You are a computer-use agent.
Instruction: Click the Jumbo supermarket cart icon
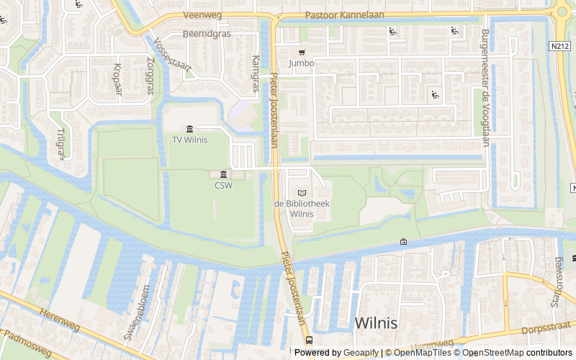click(302, 52)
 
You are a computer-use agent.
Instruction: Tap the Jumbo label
click(302, 63)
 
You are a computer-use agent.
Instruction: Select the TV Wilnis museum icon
click(189, 129)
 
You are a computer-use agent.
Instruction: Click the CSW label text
click(223, 185)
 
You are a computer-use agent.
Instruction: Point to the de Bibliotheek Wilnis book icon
click(302, 193)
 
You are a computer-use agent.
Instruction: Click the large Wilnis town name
click(376, 323)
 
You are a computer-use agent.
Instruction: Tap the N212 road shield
click(559, 46)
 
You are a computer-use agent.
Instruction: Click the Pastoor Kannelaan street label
click(335, 14)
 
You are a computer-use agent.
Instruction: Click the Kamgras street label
click(256, 74)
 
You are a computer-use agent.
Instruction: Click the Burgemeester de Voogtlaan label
click(485, 88)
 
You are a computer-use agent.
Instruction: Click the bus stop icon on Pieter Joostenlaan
click(309, 340)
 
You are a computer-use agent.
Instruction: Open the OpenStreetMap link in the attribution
click(493, 353)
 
